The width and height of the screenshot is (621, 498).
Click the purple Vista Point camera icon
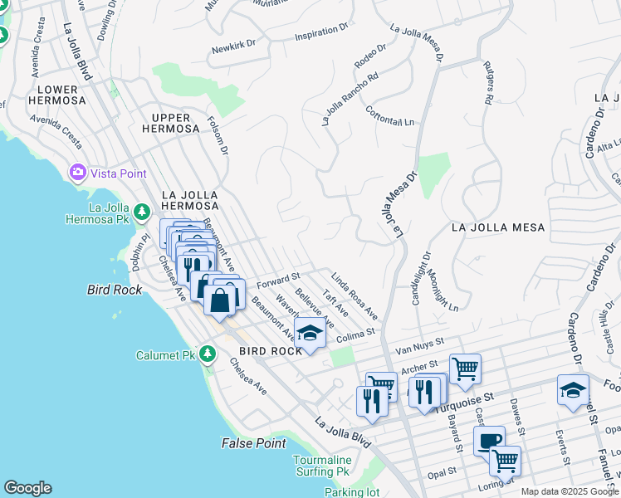[78, 173]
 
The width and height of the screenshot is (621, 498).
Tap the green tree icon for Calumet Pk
[208, 355]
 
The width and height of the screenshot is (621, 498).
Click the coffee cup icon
[489, 440]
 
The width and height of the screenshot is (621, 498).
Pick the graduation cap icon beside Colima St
[310, 334]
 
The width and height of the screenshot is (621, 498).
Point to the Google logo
[27, 488]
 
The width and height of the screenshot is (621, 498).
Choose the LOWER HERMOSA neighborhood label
[57, 95]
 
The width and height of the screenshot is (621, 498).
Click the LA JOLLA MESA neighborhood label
[497, 227]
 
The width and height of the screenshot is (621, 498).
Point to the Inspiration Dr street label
[321, 33]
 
